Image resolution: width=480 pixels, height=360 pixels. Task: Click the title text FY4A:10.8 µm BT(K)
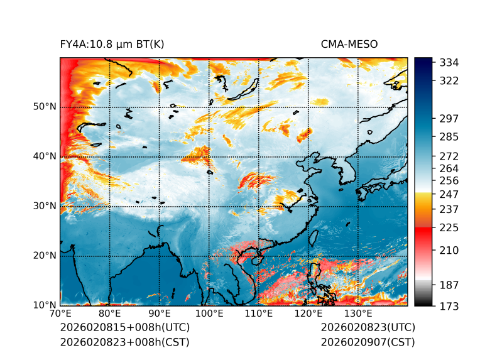coord(112,44)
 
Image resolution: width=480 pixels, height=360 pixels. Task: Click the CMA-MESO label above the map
coord(349,44)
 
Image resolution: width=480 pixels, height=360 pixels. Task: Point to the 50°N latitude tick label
coord(45,107)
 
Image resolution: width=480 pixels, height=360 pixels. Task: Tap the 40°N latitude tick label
coord(45,156)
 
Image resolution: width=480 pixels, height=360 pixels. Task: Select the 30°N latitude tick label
coord(45,206)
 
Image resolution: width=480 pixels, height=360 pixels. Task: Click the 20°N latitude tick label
coord(45,256)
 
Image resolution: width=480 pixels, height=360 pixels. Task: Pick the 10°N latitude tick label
coord(45,305)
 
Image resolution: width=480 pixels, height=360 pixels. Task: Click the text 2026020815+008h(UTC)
coord(124,328)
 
